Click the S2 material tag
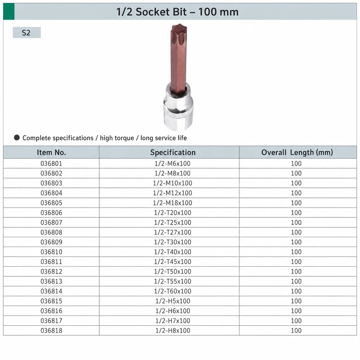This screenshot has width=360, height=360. (26, 32)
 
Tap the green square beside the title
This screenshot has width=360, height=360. (9, 11)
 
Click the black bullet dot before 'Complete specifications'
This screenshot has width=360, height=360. (17, 138)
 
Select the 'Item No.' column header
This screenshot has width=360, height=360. (51, 152)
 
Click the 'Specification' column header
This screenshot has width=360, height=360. (173, 152)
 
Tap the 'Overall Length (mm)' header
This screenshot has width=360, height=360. (297, 152)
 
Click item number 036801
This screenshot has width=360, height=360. (51, 163)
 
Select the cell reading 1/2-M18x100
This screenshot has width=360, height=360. (173, 203)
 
